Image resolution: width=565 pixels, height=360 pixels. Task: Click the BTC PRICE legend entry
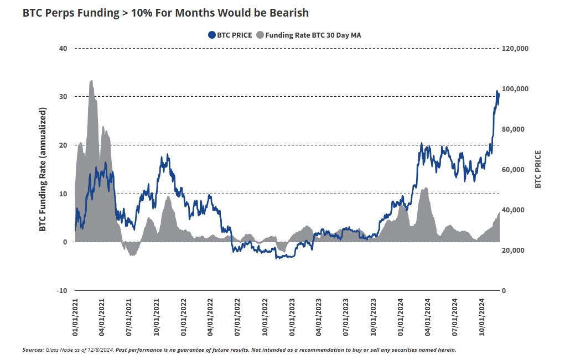pos(235,35)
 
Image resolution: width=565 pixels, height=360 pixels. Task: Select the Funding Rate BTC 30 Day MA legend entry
pos(313,35)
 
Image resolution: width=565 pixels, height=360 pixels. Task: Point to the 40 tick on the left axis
pos(63,48)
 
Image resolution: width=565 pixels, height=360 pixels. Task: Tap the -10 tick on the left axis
pos(61,290)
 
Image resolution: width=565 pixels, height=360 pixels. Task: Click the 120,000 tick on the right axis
pos(515,48)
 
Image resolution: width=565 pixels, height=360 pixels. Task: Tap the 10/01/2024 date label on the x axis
pos(482,317)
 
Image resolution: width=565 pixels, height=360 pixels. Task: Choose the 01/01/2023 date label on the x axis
pos(292,317)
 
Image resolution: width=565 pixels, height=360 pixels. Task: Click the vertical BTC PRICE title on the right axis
pos(538,169)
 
